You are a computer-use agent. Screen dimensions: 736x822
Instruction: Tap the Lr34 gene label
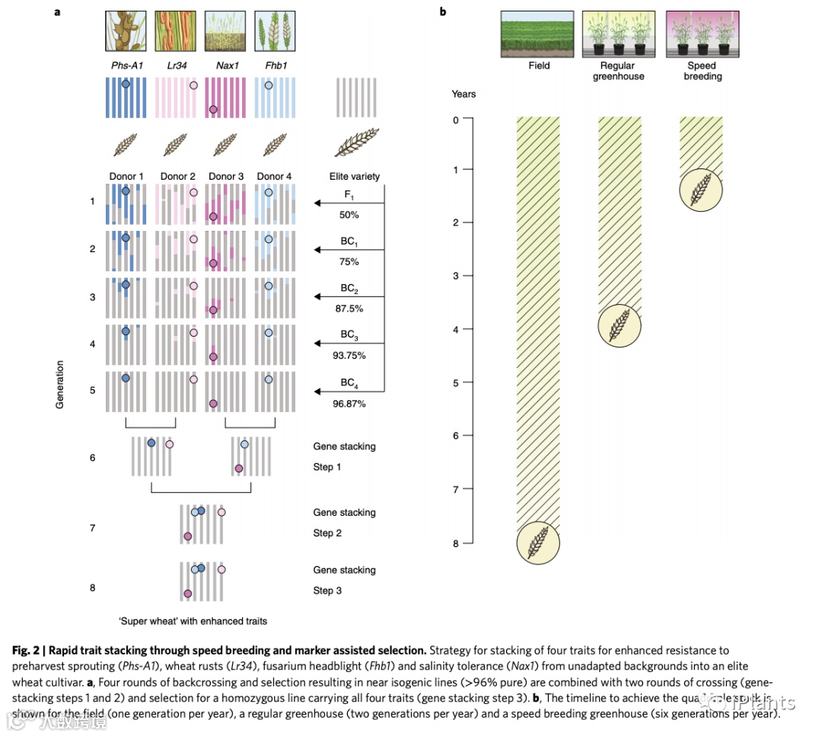(177, 66)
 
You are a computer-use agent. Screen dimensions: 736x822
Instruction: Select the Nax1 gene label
(227, 66)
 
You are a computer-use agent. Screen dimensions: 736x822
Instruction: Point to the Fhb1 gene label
(275, 66)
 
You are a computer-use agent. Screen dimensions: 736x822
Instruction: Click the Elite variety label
(355, 177)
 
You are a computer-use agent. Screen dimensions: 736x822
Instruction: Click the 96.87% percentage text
(349, 404)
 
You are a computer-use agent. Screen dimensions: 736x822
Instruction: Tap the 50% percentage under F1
(349, 216)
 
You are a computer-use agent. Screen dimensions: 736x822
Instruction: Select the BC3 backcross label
(349, 335)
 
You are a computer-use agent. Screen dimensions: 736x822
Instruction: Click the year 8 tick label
(455, 543)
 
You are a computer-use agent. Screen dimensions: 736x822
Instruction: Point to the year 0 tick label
(455, 120)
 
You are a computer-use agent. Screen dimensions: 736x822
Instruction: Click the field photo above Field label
(538, 34)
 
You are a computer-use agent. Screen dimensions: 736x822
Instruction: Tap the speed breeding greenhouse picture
(703, 34)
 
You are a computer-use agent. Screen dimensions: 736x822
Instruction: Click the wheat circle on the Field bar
(538, 542)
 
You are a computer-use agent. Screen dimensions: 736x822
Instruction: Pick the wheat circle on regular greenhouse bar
(620, 325)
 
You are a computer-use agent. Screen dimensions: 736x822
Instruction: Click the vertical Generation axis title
(60, 385)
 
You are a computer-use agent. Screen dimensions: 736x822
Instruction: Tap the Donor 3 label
(226, 177)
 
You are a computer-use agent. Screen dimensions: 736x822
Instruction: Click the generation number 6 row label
(92, 457)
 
